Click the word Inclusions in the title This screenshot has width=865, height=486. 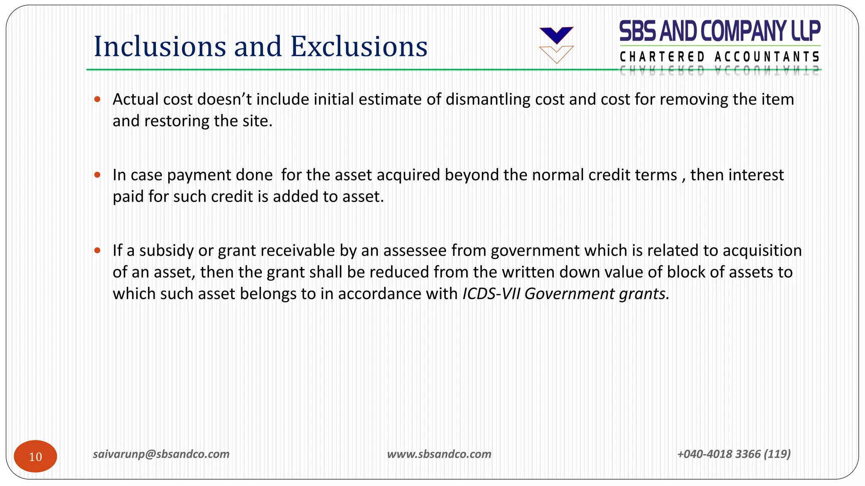(160, 46)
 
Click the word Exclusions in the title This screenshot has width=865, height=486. (359, 46)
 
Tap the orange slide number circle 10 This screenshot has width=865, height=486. (35, 456)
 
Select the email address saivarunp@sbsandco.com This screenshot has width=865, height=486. (161, 454)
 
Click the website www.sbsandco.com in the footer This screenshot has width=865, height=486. (439, 454)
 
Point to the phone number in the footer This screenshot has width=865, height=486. (734, 454)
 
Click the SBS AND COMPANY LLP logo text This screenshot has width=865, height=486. (720, 31)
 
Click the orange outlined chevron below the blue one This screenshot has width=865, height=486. (556, 54)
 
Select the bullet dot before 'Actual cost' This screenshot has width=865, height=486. (98, 100)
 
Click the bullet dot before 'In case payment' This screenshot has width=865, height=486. (98, 175)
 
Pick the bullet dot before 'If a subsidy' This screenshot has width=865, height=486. (98, 251)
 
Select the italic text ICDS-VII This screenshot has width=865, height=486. (491, 294)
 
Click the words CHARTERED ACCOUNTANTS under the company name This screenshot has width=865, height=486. (720, 57)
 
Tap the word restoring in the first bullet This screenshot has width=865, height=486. (177, 121)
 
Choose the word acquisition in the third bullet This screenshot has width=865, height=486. (762, 251)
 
